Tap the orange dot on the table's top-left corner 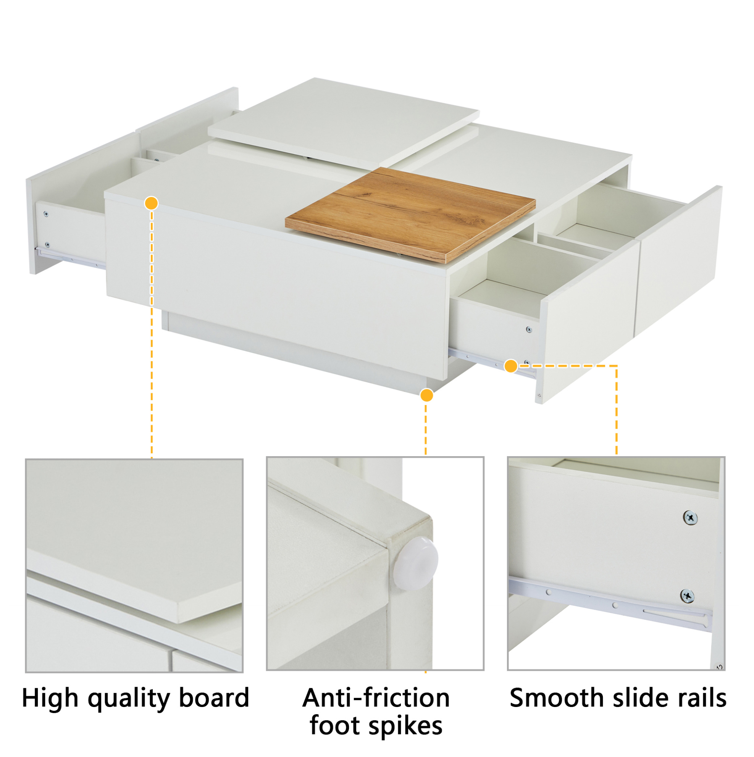(151, 203)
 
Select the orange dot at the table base (426, 395)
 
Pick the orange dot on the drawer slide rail (511, 366)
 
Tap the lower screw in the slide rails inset (687, 596)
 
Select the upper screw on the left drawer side (46, 214)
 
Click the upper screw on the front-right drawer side (529, 329)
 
